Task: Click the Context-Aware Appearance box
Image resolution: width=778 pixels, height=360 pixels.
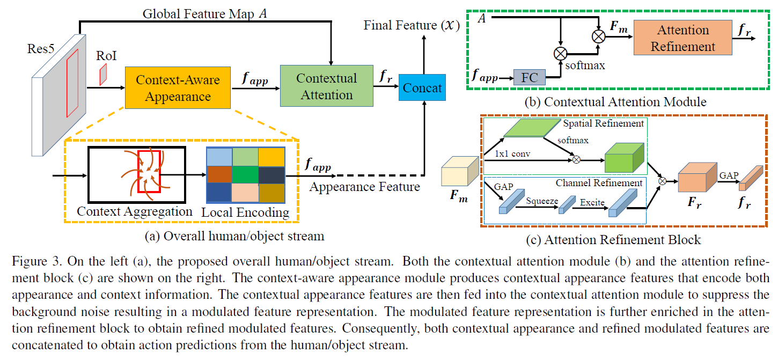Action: (178, 88)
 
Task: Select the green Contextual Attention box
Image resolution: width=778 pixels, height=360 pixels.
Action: (326, 86)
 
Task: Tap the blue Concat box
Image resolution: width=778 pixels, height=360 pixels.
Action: (422, 88)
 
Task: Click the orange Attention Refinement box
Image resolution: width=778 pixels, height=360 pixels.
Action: (682, 38)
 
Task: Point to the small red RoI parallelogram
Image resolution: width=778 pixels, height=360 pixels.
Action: (103, 75)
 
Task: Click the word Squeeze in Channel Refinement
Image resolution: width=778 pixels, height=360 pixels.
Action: (542, 201)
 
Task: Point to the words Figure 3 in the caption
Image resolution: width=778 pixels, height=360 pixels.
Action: (32, 262)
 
